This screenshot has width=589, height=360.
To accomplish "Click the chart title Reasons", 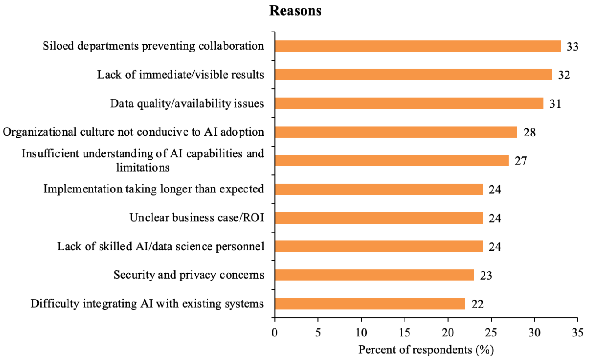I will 295,11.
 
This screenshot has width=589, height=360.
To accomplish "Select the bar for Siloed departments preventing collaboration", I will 418,46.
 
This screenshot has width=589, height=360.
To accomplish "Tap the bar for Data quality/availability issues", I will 409,104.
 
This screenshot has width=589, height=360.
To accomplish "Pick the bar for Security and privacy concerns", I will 374,275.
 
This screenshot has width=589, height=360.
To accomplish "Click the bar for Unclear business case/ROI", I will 379,218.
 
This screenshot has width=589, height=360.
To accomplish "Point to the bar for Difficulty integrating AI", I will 370,304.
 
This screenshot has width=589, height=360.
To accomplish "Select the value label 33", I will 572,46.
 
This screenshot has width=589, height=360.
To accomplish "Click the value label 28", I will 529,132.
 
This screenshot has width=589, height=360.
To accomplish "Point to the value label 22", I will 477,304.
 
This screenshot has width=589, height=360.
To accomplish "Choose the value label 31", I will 555,104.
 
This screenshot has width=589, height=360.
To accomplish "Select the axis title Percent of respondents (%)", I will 426,350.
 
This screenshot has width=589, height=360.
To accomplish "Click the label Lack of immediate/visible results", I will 181,75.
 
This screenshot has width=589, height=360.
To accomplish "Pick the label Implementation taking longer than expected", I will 154,189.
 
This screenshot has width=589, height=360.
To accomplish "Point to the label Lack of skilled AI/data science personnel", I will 161,246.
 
